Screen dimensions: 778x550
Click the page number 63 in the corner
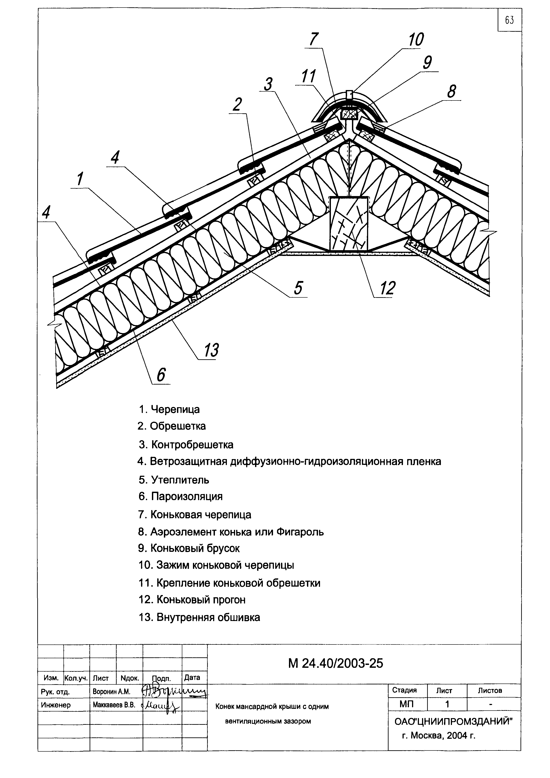coord(509,20)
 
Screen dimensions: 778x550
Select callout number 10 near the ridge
coord(416,40)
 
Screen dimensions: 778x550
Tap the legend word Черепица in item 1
coord(175,409)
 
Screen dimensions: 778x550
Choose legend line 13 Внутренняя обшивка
coord(199,617)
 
